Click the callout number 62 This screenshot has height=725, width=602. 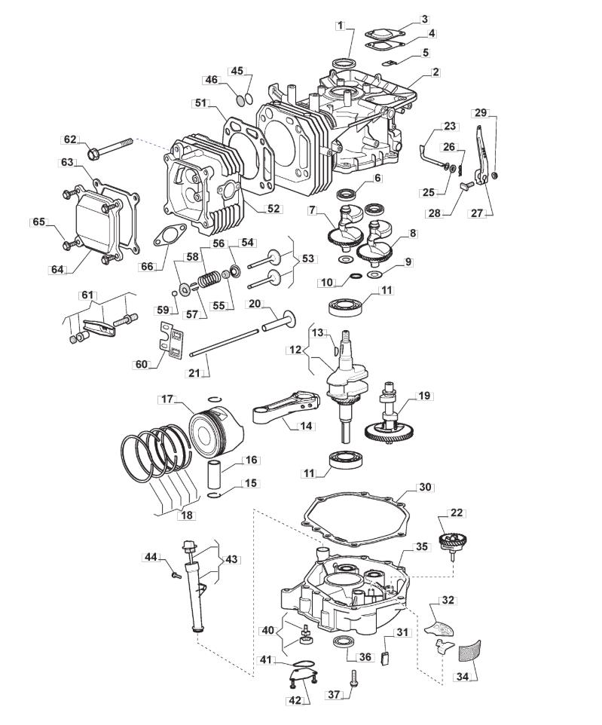point(70,139)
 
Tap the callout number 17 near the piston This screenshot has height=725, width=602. point(167,399)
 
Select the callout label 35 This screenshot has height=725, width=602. point(422,546)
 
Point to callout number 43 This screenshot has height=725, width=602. point(231,559)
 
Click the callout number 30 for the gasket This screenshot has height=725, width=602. point(425,487)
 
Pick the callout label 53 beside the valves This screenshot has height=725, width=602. point(308,258)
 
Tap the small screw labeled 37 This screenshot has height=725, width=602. point(354,678)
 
